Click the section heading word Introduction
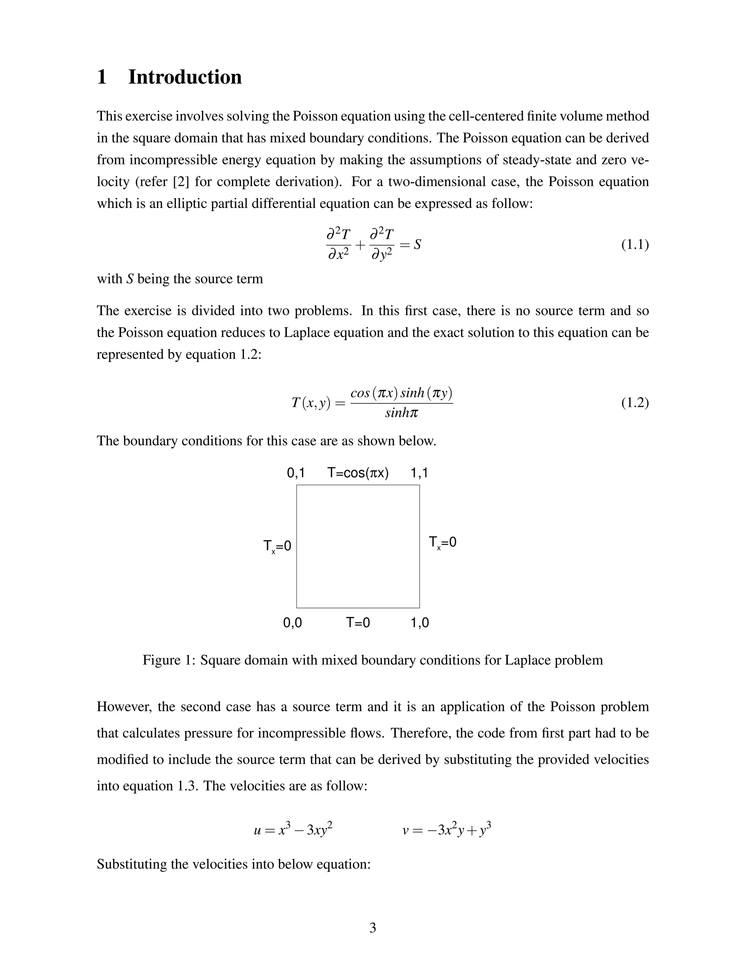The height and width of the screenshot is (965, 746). (x=185, y=77)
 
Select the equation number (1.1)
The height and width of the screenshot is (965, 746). (x=635, y=244)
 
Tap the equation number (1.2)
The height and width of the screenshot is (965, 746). (x=635, y=403)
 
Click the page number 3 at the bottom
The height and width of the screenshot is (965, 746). (x=373, y=928)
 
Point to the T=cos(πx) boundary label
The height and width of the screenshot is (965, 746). (x=358, y=473)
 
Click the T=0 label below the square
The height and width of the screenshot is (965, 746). (x=358, y=623)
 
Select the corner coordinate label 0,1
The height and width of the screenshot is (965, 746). (x=296, y=473)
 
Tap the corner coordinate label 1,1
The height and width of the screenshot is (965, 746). (x=419, y=473)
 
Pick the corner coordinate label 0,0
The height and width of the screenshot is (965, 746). (x=292, y=623)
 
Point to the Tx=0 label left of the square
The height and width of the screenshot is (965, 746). (x=277, y=547)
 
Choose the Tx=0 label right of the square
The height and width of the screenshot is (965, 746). (x=442, y=543)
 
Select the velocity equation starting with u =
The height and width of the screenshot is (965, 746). (x=293, y=830)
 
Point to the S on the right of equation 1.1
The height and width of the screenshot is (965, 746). (x=417, y=244)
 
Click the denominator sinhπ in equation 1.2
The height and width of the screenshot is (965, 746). (x=401, y=413)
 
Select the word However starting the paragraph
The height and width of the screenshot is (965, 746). (x=124, y=706)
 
